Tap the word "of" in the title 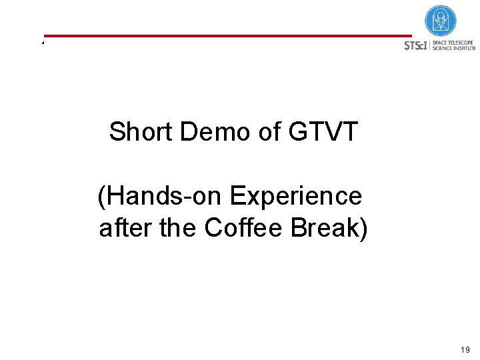click(269, 132)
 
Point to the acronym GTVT click(323, 132)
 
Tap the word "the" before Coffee click(179, 228)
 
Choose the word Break click(323, 228)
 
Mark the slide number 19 click(465, 350)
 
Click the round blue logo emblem click(440, 21)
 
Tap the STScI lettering click(415, 46)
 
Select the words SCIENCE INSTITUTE click(455, 49)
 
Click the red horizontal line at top click(227, 35)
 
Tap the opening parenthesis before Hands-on click(102, 197)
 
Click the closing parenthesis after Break click(363, 229)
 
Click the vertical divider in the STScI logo click(430, 45)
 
